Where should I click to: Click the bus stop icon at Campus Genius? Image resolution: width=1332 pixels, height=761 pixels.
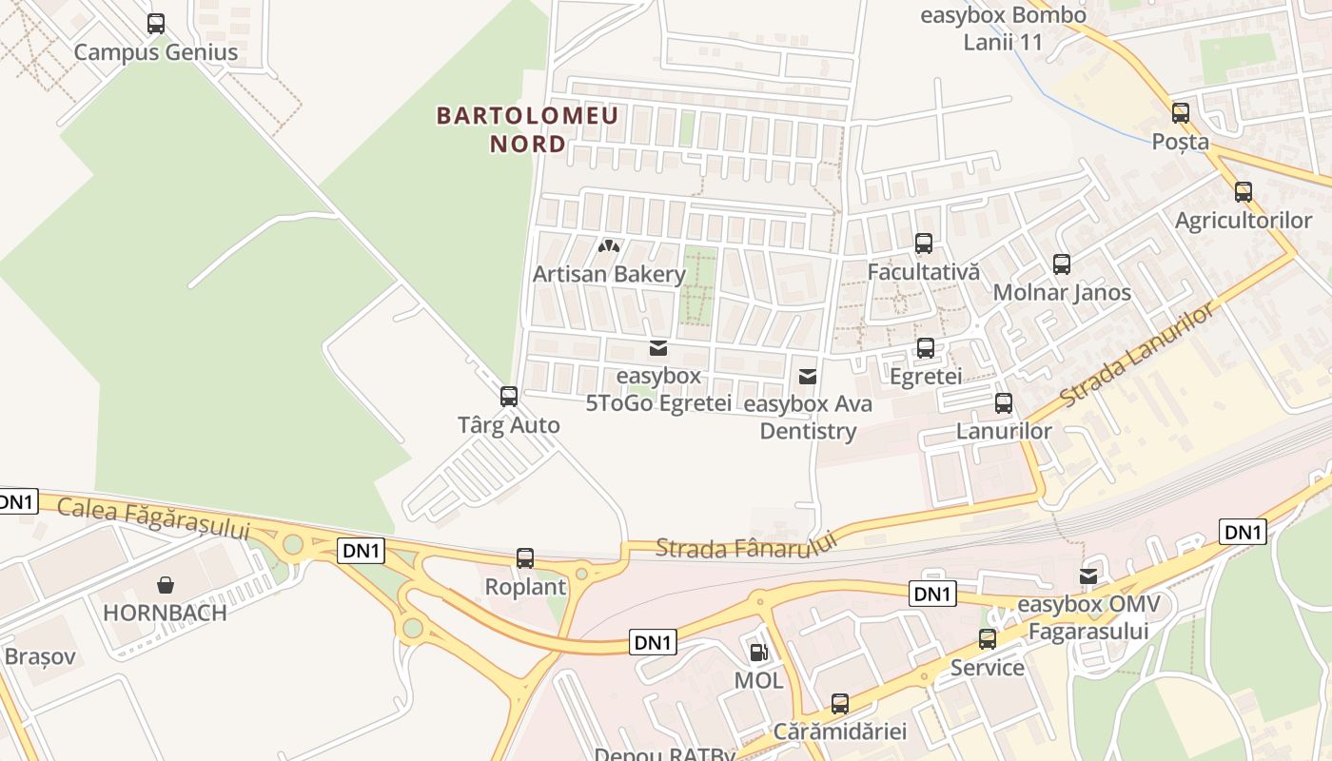click(156, 24)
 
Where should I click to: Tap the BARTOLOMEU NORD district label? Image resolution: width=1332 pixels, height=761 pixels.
click(527, 129)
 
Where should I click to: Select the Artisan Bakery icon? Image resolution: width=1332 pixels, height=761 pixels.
click(609, 246)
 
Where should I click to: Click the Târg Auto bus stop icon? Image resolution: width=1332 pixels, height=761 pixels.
click(509, 397)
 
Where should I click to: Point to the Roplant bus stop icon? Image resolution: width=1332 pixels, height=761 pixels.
click(525, 558)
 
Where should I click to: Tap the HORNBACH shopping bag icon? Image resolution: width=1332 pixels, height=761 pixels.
click(166, 585)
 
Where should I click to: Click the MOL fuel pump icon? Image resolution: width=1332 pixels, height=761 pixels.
click(758, 653)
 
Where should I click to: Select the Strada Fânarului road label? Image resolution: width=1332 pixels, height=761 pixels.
click(745, 546)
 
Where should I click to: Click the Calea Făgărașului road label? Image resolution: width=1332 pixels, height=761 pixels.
click(152, 517)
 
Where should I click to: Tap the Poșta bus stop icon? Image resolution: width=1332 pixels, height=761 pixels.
click(1181, 113)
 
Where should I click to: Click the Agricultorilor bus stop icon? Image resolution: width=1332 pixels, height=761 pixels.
click(1244, 192)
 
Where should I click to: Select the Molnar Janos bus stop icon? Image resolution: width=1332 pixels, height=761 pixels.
click(1062, 264)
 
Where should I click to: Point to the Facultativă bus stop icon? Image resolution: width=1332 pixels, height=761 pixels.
click(924, 244)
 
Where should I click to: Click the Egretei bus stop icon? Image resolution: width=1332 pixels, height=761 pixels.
click(926, 348)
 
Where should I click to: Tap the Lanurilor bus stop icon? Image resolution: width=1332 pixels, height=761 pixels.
click(1004, 403)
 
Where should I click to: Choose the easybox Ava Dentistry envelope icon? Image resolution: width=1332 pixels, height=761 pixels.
click(808, 377)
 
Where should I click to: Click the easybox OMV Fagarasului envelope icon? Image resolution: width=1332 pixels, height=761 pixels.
click(1088, 576)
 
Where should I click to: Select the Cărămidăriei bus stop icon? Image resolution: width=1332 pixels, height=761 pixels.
click(840, 704)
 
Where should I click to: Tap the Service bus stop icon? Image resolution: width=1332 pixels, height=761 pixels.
click(988, 639)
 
